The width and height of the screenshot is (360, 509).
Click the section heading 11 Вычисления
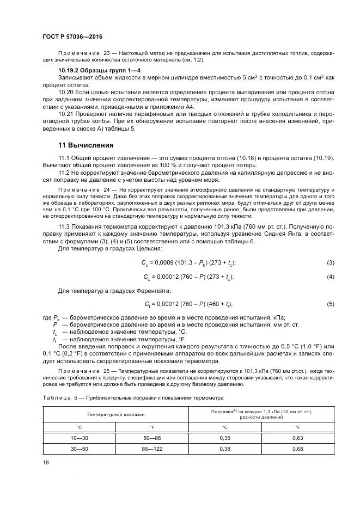click(86, 145)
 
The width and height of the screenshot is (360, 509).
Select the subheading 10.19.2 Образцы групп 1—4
click(91, 71)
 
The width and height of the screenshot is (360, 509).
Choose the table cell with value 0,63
click(297, 437)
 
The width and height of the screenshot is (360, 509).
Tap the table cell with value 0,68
click(297, 449)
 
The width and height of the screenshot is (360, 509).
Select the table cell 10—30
click(78, 437)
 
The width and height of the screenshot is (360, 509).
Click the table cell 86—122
click(152, 449)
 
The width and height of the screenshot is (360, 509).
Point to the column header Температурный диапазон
click(115, 414)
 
